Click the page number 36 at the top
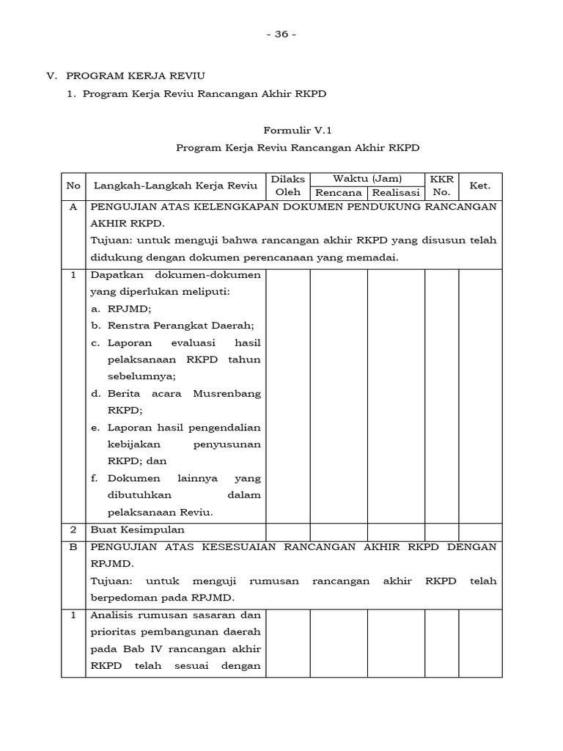(x=281, y=34)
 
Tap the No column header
(x=73, y=186)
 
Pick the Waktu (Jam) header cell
(x=367, y=179)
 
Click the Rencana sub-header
(x=339, y=193)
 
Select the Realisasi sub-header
(x=396, y=193)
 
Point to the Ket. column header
(x=480, y=186)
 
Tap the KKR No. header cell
(x=442, y=186)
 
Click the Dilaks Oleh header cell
(x=287, y=186)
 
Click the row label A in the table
(x=73, y=207)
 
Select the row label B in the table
(x=73, y=547)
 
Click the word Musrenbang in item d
(x=227, y=394)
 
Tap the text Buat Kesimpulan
(x=137, y=530)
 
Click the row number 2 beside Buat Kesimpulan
(x=73, y=530)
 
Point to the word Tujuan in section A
(x=108, y=241)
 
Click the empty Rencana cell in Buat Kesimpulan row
(x=339, y=530)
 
